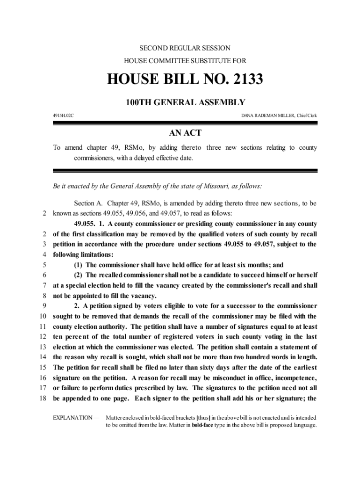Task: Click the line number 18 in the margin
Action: pos(43,399)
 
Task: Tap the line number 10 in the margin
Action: pos(43,316)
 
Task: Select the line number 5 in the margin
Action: pos(44,265)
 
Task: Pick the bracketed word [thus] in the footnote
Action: pos(203,417)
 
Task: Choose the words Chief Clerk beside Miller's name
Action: pos(306,115)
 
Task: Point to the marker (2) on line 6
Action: pos(79,275)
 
